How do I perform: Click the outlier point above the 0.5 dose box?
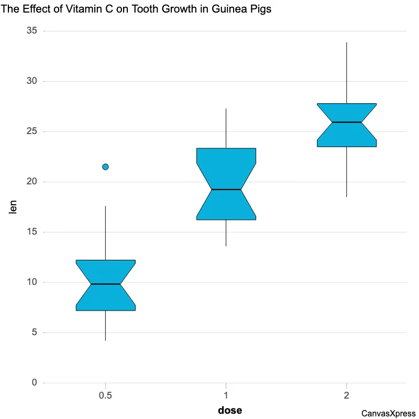click(105, 167)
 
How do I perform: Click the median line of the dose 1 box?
click(226, 190)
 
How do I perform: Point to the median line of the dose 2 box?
click(346, 122)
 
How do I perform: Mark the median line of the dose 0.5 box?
click(106, 284)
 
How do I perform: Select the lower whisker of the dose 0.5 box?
click(106, 326)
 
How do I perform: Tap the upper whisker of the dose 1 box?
click(226, 128)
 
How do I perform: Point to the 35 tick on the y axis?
click(32, 31)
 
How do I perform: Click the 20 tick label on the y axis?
click(32, 182)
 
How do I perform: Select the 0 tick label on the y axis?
click(35, 383)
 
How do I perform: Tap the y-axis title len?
click(14, 207)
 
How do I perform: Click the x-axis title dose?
click(230, 410)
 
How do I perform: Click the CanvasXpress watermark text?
click(388, 413)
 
